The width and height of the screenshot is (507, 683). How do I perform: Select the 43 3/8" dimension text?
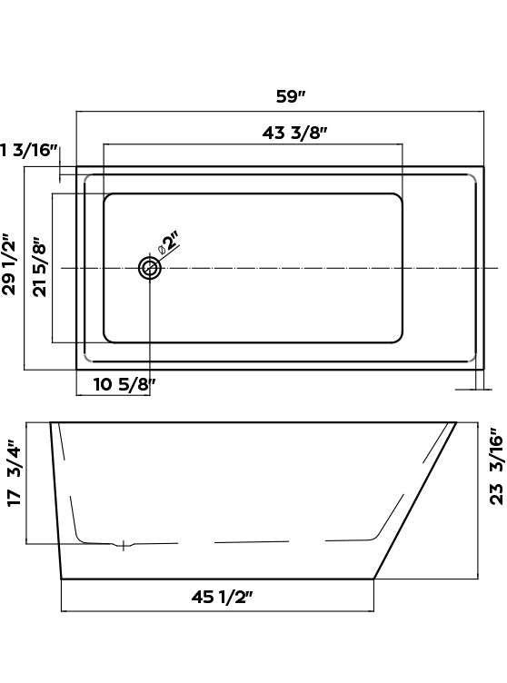tap(295, 133)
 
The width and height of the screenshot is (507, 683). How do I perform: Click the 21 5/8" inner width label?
tap(39, 269)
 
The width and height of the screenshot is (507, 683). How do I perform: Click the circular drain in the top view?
tap(149, 268)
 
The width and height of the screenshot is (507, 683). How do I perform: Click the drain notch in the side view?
tap(124, 545)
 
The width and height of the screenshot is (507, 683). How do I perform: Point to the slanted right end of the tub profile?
tap(415, 500)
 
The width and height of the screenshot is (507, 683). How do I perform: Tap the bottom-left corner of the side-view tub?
tap(62, 578)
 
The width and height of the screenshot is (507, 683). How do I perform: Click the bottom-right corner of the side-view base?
tap(374, 578)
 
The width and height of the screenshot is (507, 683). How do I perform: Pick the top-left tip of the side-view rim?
tap(51, 422)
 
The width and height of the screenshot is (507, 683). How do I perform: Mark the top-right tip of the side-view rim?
tap(456, 422)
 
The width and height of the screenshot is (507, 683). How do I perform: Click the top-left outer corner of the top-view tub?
tap(77, 167)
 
